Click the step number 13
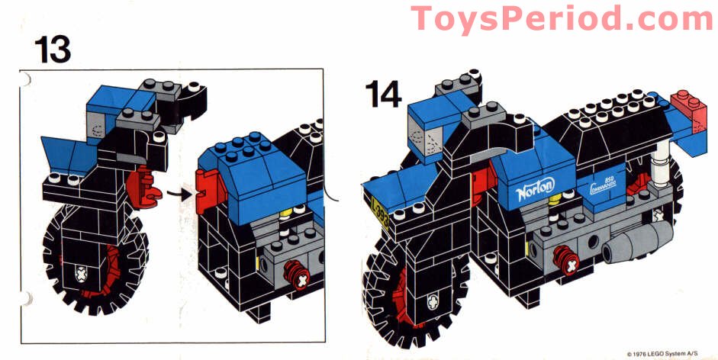52,48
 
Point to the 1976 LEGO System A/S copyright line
668,354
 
